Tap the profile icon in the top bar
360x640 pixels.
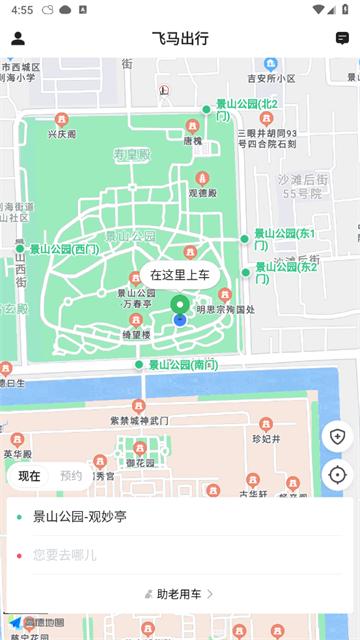click(x=18, y=38)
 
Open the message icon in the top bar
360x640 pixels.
click(x=342, y=38)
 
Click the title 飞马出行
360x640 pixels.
click(x=180, y=38)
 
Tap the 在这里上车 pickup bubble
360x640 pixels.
click(x=180, y=274)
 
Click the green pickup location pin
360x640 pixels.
click(x=180, y=304)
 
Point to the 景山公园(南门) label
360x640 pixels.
click(x=183, y=365)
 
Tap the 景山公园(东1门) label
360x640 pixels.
click(x=284, y=239)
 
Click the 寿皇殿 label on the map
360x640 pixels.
click(x=131, y=155)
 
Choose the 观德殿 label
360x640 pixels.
click(x=202, y=193)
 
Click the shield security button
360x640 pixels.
click(x=337, y=437)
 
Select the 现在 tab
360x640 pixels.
click(x=30, y=476)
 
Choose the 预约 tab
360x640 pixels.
click(x=71, y=476)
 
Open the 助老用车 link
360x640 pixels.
click(x=180, y=594)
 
